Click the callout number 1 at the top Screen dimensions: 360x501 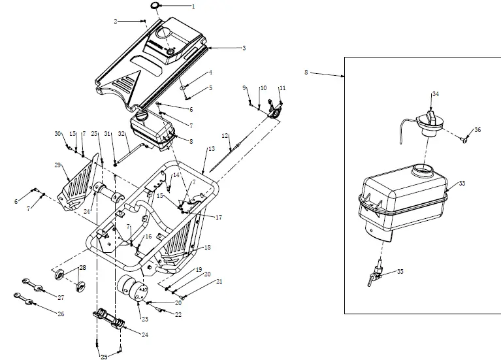[x=193, y=6]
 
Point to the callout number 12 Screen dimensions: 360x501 [x=224, y=135]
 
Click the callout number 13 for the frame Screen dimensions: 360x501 [x=211, y=149]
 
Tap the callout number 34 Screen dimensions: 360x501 [x=436, y=95]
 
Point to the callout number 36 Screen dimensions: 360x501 [x=477, y=130]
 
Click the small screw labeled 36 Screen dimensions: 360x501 [x=464, y=139]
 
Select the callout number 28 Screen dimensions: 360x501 [x=83, y=268]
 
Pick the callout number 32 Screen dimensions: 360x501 [x=121, y=134]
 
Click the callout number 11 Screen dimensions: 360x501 [x=282, y=88]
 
